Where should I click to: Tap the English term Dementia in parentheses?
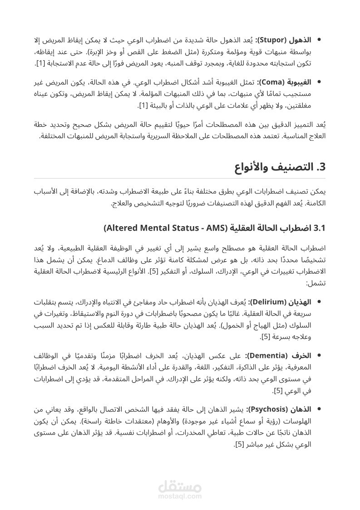tap(271, 356)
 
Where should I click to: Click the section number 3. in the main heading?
tap(321, 167)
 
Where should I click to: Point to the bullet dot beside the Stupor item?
tap(319, 40)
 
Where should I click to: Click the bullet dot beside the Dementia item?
tap(319, 355)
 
